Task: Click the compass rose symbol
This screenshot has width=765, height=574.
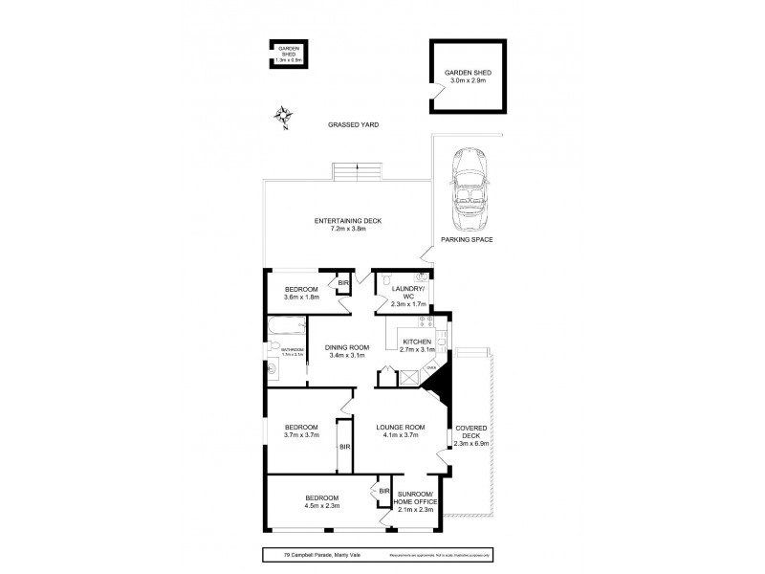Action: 283,118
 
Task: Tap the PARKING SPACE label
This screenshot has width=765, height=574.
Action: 467,239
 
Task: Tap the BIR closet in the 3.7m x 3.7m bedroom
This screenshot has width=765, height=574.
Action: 342,446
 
